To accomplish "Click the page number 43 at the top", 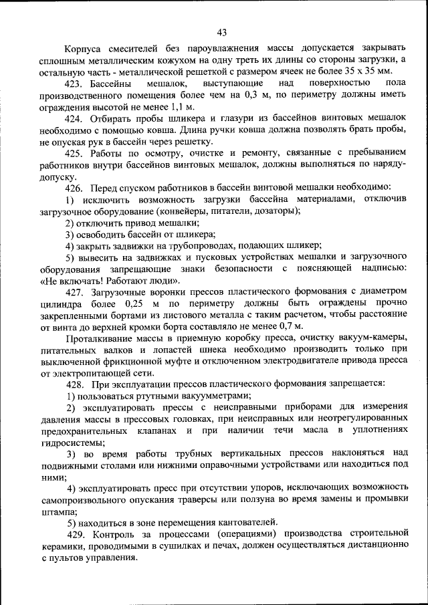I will click(x=222, y=32).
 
